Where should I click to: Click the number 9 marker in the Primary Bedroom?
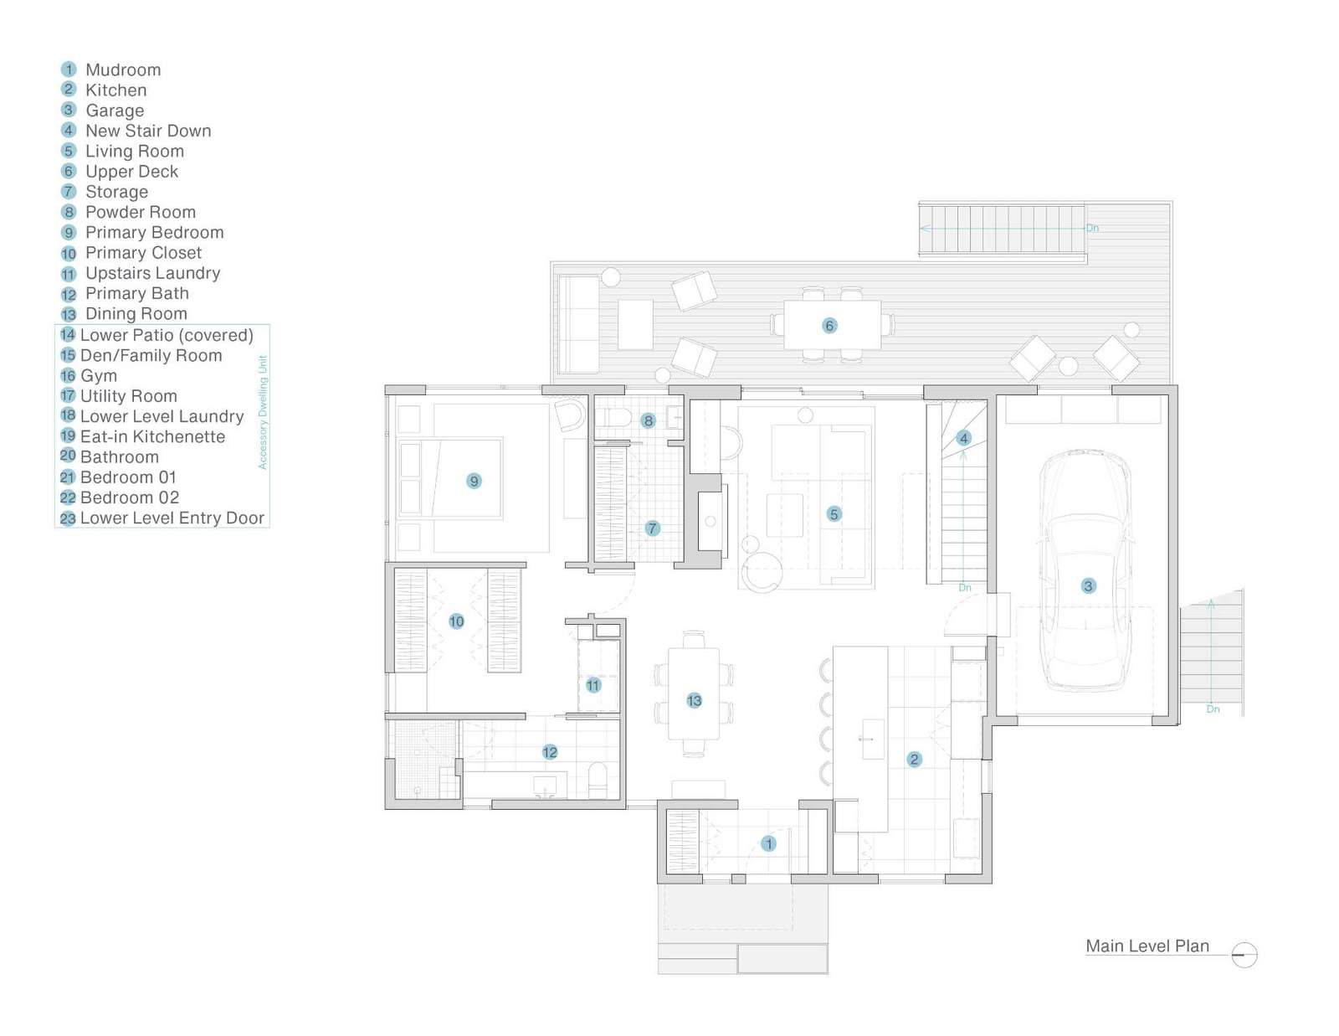pos(474,481)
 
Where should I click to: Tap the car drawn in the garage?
pos(1085,570)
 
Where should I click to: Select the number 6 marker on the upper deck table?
pos(829,325)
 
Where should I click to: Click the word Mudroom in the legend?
pos(123,70)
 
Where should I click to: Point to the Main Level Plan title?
pos(1147,946)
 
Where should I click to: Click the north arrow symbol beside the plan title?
pos(1244,955)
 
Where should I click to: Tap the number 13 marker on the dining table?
pos(694,700)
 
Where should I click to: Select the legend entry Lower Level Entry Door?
pos(172,518)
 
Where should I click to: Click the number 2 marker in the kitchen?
pos(914,759)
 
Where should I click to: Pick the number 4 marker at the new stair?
pos(963,438)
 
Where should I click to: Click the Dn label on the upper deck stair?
pos(1092,228)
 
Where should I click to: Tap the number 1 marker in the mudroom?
pos(768,843)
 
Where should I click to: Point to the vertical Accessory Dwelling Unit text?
pos(263,412)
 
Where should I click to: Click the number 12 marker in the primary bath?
pos(549,752)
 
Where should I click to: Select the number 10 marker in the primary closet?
pos(456,621)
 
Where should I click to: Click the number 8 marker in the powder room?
pos(648,420)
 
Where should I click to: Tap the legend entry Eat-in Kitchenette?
pos(152,436)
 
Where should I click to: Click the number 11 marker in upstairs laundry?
pos(593,685)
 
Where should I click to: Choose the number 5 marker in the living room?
pos(834,513)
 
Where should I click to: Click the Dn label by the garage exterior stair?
pos(1213,709)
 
